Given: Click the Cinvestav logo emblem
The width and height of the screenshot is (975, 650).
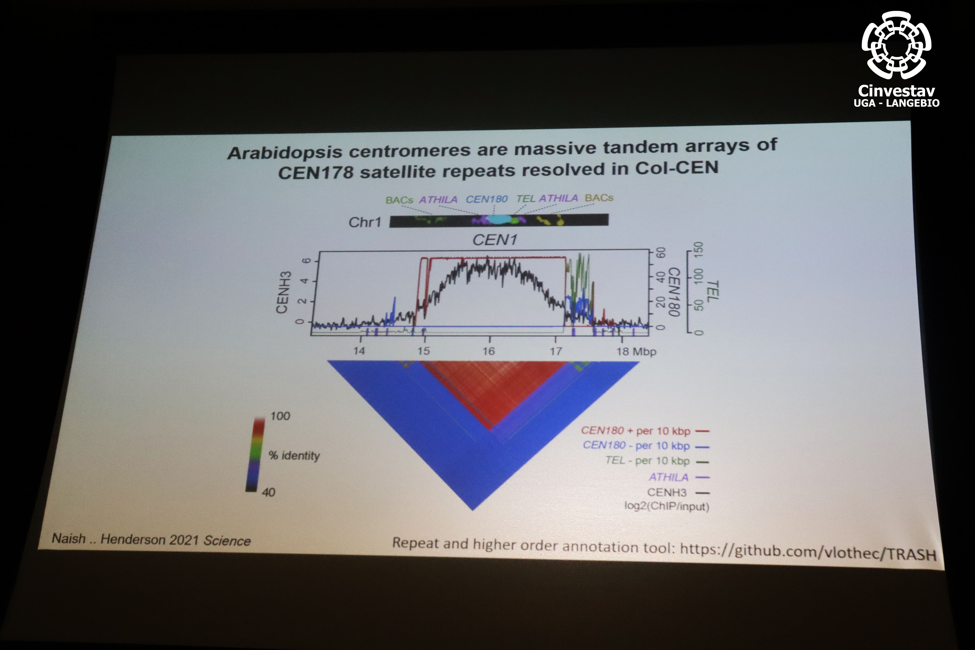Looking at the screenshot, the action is [x=896, y=45].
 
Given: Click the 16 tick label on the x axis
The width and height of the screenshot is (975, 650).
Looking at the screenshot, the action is [x=489, y=351].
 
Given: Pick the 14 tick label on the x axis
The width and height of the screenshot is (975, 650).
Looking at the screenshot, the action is [x=359, y=351].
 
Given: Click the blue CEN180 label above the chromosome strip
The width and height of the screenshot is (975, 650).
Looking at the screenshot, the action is [x=487, y=199].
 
